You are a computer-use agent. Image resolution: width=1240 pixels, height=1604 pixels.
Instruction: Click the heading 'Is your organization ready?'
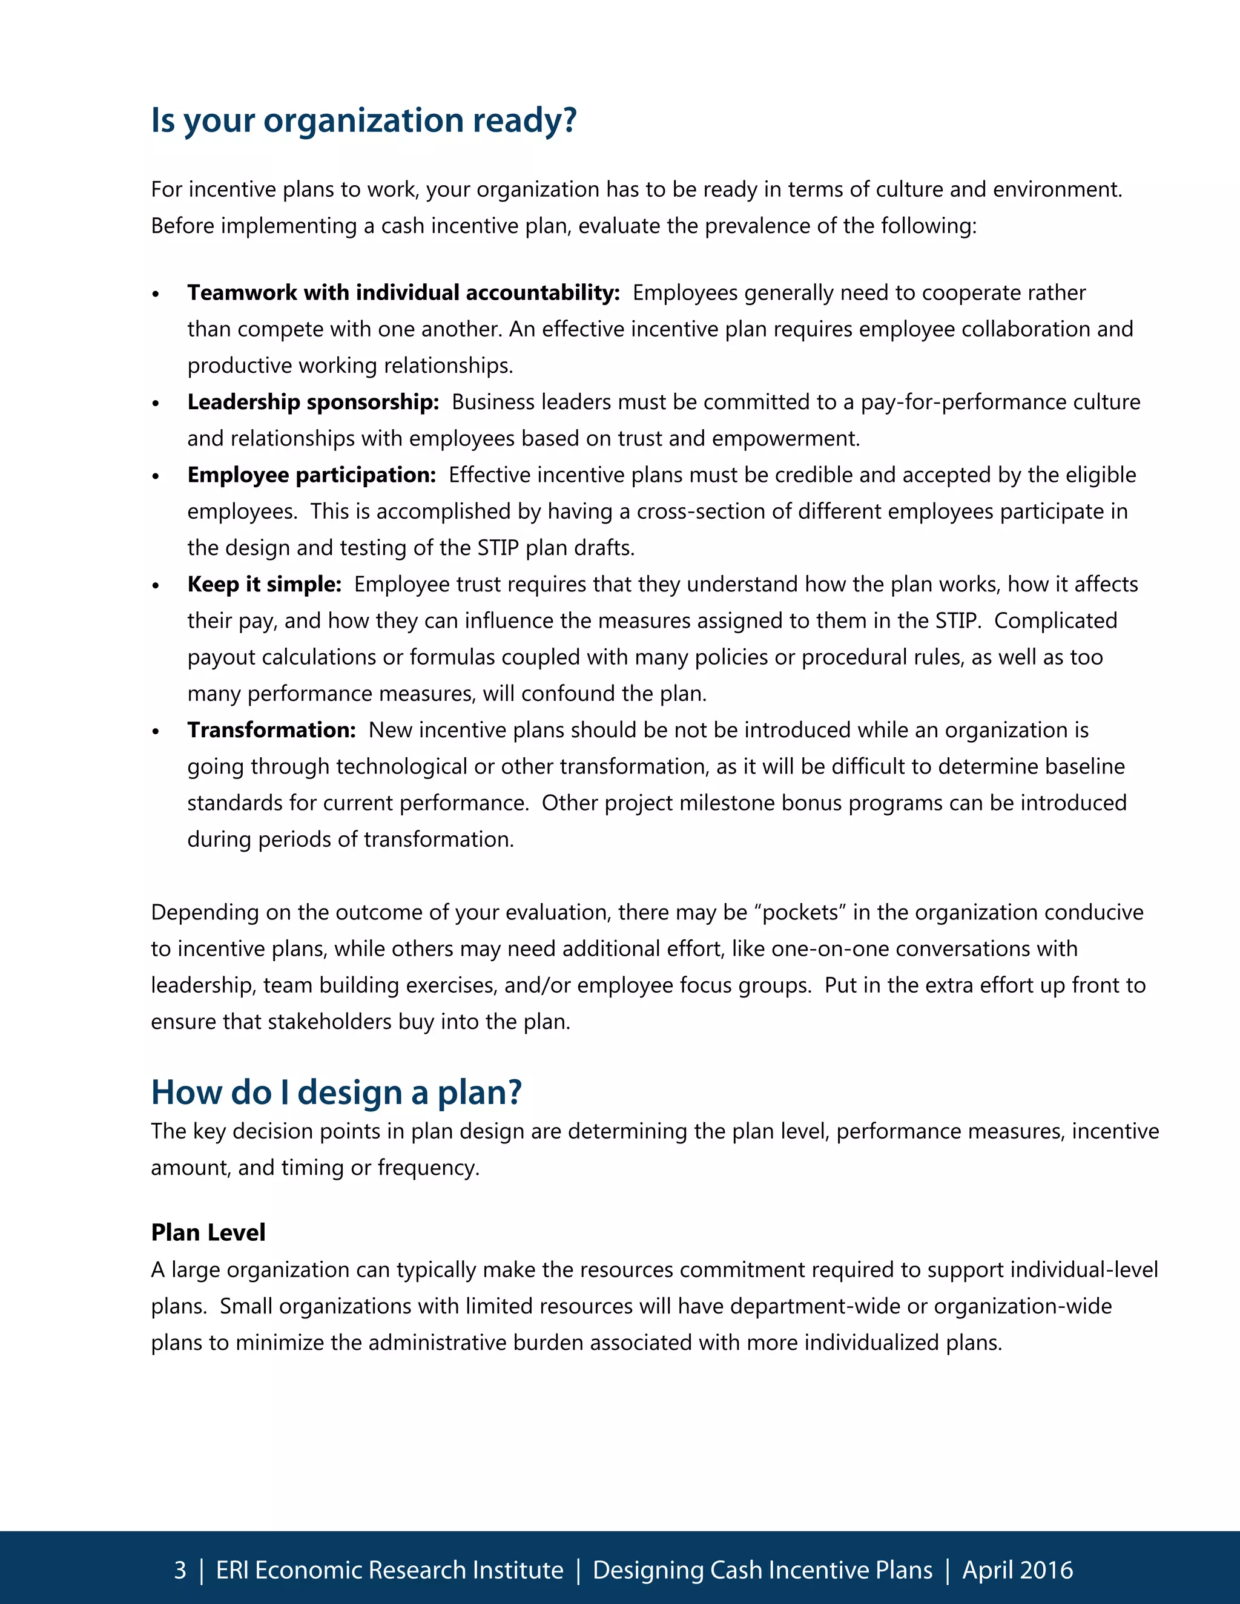(364, 120)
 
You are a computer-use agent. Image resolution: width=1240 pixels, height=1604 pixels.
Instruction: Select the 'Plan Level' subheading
(208, 1232)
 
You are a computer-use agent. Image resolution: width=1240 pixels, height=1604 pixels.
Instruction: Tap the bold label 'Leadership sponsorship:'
(313, 402)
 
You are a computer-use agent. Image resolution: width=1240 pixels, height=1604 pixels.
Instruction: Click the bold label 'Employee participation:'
(311, 475)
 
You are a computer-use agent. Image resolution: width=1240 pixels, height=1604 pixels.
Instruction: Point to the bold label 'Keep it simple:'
(265, 584)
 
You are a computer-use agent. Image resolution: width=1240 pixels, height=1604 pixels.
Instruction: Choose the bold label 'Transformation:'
(271, 730)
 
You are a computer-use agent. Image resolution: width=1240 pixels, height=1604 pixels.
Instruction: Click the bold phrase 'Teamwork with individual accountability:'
(403, 292)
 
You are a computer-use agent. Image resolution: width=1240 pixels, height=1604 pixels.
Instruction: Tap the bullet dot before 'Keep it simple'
(155, 586)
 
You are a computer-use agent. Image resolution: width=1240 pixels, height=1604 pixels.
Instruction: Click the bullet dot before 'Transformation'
(155, 732)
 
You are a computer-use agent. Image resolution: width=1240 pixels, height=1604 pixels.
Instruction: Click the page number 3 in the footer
(180, 1570)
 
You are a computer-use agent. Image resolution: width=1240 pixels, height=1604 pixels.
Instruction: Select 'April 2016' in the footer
(1017, 1570)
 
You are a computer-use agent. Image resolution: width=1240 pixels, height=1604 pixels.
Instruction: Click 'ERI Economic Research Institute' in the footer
(389, 1570)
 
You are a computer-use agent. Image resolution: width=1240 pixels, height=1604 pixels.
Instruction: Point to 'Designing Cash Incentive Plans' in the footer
(762, 1570)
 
